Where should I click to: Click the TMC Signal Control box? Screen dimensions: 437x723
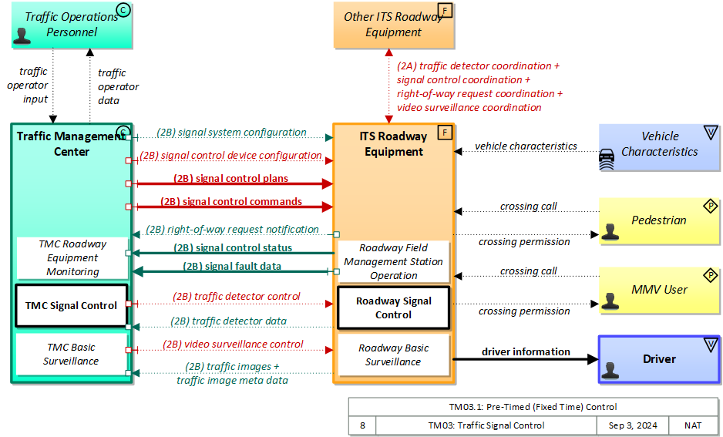(72, 305)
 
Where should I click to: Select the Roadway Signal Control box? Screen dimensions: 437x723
(393, 308)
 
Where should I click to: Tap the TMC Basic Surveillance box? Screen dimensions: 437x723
(71, 354)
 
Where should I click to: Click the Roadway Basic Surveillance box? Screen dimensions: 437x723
(393, 355)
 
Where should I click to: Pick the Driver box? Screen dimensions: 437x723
(659, 359)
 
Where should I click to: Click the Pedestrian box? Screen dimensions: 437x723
(659, 220)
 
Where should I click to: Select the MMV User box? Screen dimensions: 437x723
(659, 289)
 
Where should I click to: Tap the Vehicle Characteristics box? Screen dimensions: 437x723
(659, 144)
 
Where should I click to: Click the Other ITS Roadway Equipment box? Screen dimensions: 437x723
(393, 24)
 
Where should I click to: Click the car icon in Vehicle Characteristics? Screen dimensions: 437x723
(609, 160)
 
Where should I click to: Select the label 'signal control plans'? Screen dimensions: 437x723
(231, 179)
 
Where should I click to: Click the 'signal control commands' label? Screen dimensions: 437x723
(231, 202)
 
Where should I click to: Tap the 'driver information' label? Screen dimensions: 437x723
(526, 352)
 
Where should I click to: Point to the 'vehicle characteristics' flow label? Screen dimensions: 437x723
(526, 146)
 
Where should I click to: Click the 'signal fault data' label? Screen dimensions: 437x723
(231, 267)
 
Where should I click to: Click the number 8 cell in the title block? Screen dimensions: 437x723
(362, 425)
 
